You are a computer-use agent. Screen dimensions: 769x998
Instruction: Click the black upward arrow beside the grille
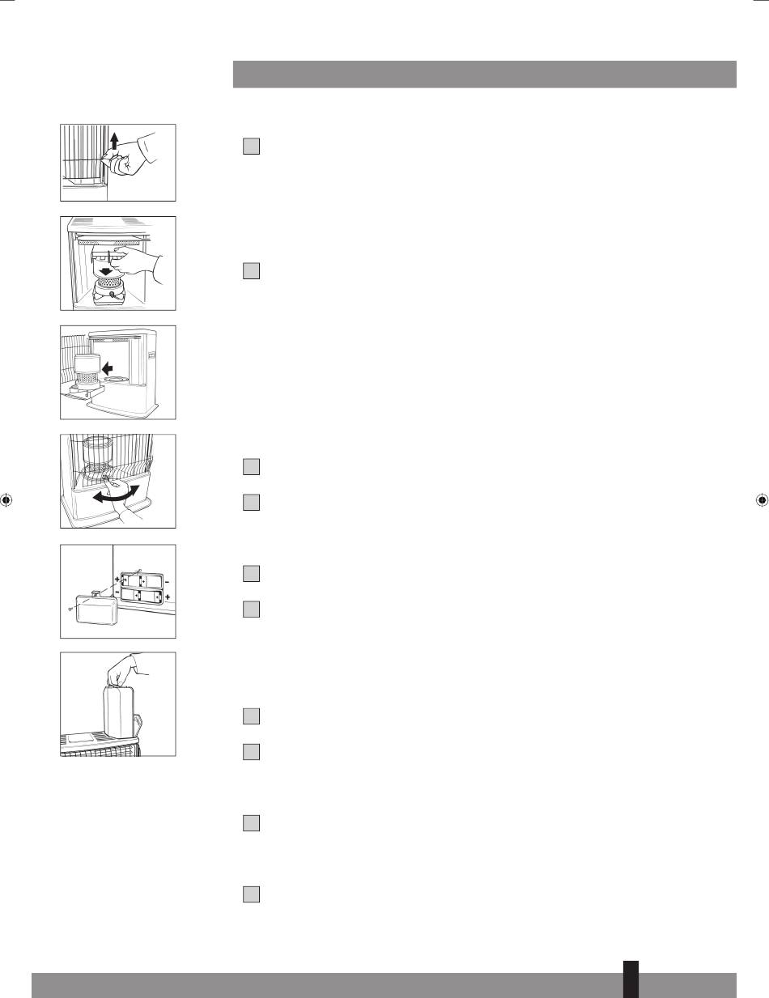(114, 138)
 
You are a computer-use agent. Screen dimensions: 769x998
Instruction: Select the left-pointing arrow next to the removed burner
(108, 368)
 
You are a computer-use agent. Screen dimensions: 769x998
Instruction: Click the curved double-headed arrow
(115, 495)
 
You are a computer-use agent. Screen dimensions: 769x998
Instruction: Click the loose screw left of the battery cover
(70, 609)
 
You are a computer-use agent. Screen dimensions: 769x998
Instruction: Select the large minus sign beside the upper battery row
(167, 582)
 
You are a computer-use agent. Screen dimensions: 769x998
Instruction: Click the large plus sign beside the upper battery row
(117, 580)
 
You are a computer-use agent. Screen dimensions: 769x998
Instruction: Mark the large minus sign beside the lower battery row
(117, 593)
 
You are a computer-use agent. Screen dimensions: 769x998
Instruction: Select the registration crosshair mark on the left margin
(6, 499)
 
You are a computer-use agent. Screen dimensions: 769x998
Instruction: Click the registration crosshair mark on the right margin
(762, 499)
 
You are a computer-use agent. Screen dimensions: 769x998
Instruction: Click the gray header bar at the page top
(484, 74)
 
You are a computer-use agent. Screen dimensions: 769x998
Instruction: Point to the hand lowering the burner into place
(136, 261)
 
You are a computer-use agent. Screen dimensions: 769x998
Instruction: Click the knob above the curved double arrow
(107, 478)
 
